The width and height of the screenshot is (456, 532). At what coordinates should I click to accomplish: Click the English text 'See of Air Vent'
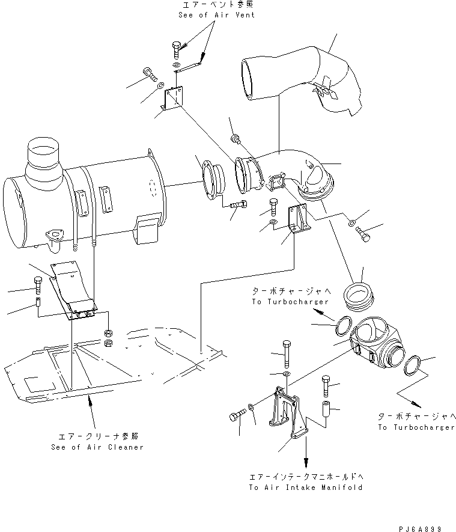point(216,14)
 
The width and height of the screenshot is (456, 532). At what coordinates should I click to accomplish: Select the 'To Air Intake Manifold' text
point(305,488)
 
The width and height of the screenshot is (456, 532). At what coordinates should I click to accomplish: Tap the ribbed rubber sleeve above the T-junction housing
point(359,297)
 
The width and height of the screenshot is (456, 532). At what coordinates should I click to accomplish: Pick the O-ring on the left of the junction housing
point(340,325)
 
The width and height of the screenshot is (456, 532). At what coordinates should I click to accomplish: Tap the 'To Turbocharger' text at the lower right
point(416,427)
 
